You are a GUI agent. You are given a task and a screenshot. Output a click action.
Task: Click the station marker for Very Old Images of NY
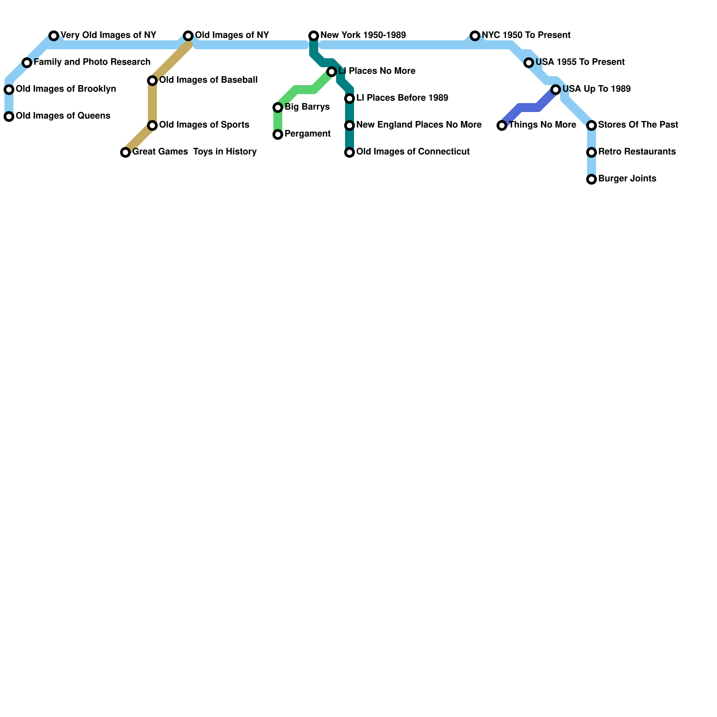54,36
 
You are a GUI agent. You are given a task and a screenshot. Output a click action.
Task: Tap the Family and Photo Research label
92,62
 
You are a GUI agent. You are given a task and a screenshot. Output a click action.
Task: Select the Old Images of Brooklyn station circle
9,90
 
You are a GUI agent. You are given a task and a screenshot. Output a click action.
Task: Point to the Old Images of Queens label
63,116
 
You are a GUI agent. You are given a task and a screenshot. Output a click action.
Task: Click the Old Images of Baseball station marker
152,81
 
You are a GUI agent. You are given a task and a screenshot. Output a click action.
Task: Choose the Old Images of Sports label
204,125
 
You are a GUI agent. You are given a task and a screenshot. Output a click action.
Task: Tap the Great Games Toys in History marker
125,152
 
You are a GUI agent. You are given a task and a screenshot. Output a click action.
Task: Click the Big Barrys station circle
278,108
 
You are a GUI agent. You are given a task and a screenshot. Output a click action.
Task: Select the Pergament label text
307,134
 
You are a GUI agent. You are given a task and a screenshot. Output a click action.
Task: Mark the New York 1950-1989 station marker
314,36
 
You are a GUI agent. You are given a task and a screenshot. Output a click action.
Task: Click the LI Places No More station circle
332,72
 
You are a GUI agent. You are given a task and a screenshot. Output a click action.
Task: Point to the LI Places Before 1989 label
402,98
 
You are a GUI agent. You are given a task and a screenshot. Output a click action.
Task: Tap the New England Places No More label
419,125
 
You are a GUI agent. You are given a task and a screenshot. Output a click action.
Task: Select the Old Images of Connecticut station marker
350,152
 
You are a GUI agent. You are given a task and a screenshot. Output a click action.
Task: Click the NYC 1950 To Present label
526,35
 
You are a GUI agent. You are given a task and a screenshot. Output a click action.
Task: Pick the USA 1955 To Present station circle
529,63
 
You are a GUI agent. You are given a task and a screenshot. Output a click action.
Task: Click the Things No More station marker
502,125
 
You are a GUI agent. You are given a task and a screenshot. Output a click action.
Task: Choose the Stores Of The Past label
638,125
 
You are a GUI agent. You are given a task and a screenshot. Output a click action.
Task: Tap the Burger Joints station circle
592,179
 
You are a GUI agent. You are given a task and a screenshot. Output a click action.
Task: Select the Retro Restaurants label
636,152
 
